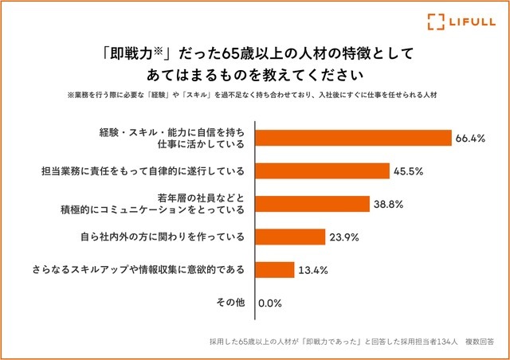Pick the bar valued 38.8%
click(312, 204)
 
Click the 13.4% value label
click(312, 269)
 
